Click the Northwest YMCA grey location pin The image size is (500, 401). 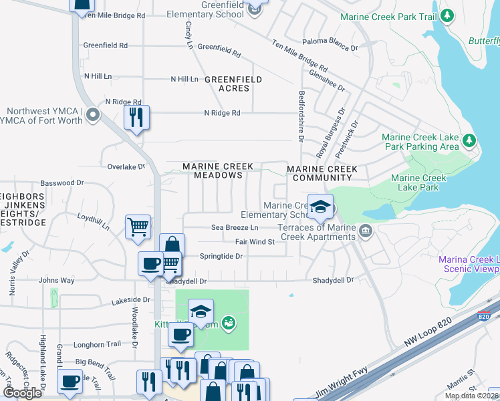[x=93, y=116]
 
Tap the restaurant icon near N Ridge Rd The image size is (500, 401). [x=137, y=118]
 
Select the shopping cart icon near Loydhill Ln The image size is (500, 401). [x=138, y=227]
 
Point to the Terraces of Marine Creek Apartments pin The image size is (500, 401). [x=365, y=231]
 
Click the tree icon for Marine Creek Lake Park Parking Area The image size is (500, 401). [x=469, y=140]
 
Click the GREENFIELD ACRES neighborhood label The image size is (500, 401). [x=233, y=84]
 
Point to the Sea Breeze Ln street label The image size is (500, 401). [x=235, y=228]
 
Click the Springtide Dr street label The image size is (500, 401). [x=221, y=256]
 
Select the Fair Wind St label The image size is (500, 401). [x=255, y=242]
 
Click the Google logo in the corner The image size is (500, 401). [x=22, y=393]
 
